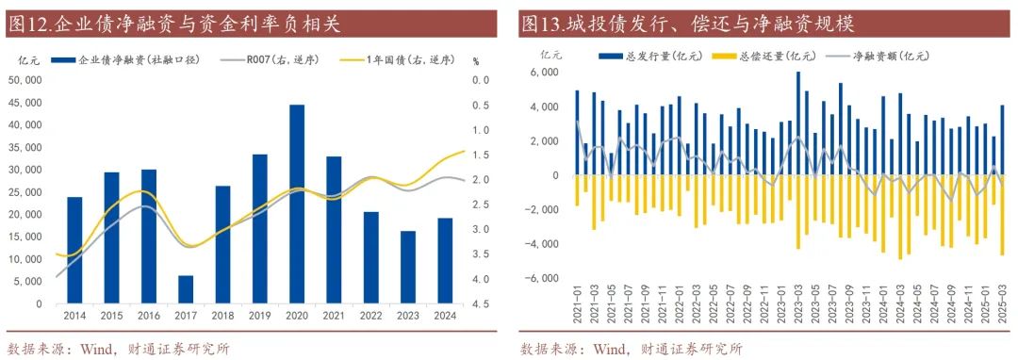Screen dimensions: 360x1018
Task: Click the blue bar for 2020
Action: point(297,204)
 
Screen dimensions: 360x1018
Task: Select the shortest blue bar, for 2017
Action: point(186,289)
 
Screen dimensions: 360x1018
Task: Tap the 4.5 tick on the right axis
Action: point(480,304)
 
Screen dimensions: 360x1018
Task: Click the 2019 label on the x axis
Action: point(260,318)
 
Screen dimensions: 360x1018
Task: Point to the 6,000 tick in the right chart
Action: point(546,73)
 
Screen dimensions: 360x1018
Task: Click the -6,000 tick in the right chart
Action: point(544,278)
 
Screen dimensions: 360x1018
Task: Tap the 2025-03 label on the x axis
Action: point(1001,310)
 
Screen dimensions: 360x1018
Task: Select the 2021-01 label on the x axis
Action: point(577,310)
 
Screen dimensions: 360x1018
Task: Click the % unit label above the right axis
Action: point(477,61)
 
